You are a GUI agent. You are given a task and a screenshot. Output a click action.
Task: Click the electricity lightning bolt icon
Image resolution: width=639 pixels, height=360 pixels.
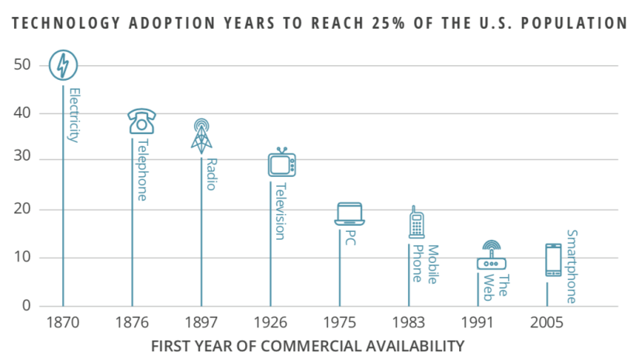tap(63, 65)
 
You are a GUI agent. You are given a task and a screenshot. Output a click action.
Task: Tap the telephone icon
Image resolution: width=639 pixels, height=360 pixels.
tap(141, 121)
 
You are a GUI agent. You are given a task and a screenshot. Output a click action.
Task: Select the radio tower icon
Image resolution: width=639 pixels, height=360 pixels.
tap(201, 133)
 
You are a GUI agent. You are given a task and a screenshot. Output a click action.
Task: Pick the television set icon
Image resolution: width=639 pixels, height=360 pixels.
tap(282, 163)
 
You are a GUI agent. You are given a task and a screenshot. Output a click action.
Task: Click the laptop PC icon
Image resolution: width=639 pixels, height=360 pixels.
tap(350, 213)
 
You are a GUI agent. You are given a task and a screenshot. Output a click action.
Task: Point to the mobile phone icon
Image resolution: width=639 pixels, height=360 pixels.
tap(416, 222)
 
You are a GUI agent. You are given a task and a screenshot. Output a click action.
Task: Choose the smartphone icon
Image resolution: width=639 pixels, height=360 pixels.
tap(553, 260)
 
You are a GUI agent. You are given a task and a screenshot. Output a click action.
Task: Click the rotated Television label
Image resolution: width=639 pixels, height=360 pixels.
tap(280, 210)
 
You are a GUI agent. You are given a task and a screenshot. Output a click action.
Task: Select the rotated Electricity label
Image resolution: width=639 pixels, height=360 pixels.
tap(74, 115)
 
